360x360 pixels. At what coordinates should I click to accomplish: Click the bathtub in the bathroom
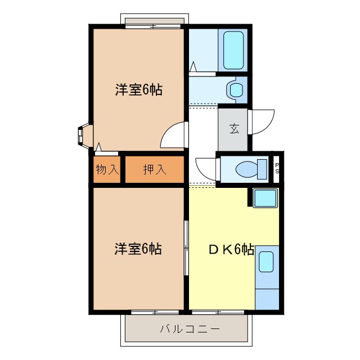tap(233, 49)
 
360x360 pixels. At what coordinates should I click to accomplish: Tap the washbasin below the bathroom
tap(235, 89)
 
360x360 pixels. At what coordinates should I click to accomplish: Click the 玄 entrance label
tap(233, 128)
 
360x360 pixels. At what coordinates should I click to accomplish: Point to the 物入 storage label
tap(107, 169)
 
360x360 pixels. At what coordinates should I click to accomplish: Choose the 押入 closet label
tap(154, 169)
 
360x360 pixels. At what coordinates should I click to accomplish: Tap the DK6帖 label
tap(230, 249)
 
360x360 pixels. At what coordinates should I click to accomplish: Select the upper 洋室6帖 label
tap(139, 89)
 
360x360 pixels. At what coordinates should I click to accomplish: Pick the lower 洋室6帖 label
tap(138, 249)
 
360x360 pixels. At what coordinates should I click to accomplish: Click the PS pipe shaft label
tap(277, 168)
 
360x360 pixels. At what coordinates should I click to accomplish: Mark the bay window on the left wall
tap(83, 136)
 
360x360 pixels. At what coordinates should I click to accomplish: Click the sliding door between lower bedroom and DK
tap(186, 247)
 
